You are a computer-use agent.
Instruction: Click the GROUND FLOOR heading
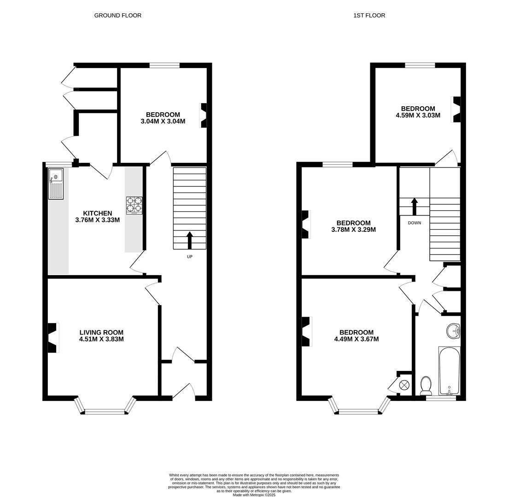117,15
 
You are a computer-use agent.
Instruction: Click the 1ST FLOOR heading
369,15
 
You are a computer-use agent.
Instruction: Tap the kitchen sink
56,184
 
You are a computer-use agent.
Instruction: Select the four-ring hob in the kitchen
134,205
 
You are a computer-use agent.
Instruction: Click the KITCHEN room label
97,213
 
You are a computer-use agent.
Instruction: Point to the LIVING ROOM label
101,332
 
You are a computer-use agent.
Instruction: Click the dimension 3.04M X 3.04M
163,121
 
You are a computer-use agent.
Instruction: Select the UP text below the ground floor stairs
189,257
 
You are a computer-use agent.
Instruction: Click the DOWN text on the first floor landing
414,223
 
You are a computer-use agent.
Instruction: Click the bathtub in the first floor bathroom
449,371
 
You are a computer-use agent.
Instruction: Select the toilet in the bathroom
426,386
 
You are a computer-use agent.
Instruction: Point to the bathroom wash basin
453,330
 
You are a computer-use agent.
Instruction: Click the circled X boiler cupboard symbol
404,385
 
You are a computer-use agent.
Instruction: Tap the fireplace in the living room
53,338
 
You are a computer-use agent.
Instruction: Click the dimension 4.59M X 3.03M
418,116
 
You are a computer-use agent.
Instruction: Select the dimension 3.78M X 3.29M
353,230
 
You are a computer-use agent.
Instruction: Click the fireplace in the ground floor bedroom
203,115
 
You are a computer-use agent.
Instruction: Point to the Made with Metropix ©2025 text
254,495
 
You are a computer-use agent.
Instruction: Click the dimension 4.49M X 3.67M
356,339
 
